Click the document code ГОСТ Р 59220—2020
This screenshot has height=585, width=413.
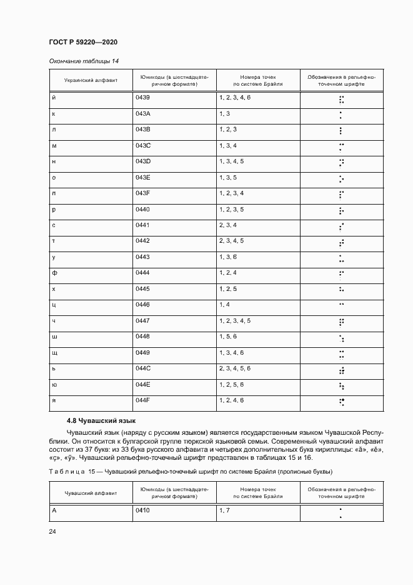tap(84, 42)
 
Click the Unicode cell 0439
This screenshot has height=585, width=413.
tap(142, 98)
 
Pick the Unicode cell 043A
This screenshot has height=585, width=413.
tap(143, 114)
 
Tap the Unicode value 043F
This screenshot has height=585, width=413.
tap(143, 193)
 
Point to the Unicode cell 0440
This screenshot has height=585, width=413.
tap(142, 209)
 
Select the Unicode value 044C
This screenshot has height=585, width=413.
tap(143, 368)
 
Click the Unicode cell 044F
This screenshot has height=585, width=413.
tap(143, 400)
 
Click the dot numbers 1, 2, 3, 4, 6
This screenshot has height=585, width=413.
tap(235, 98)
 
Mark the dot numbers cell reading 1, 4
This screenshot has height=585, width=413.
tap(225, 304)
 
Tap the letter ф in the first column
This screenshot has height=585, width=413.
tap(54, 273)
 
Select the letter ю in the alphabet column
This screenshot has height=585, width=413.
tap(54, 384)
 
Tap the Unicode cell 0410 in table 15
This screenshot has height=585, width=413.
tap(142, 511)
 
